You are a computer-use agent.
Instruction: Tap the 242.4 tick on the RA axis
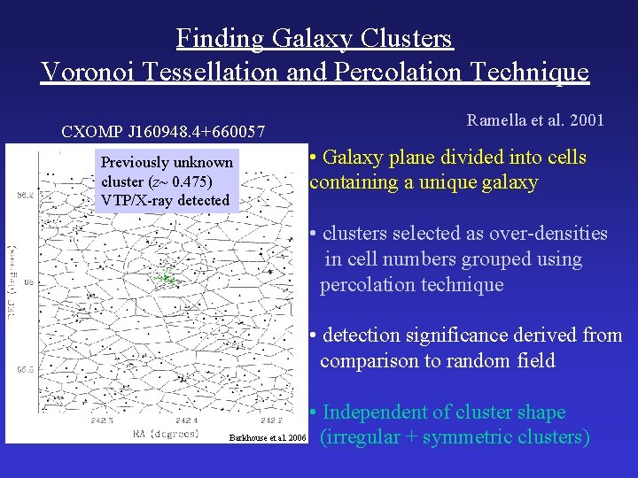(187, 420)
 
